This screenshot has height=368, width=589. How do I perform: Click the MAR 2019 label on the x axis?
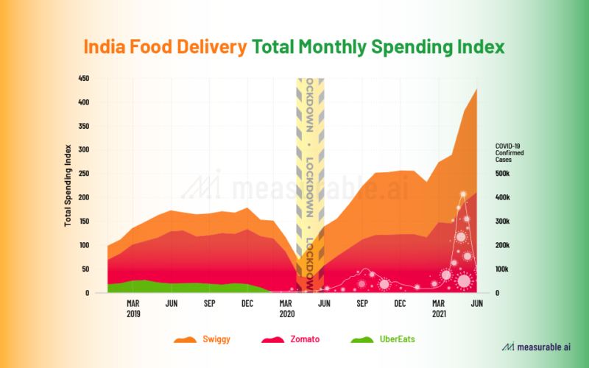point(133,308)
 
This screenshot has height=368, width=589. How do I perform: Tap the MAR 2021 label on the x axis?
point(438,308)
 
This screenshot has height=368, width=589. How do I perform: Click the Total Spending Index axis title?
point(68,185)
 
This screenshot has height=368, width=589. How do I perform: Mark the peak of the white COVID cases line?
point(463,194)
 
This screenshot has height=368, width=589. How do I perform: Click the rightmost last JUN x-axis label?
point(476,303)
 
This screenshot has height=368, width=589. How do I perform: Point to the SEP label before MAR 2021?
point(362,303)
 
